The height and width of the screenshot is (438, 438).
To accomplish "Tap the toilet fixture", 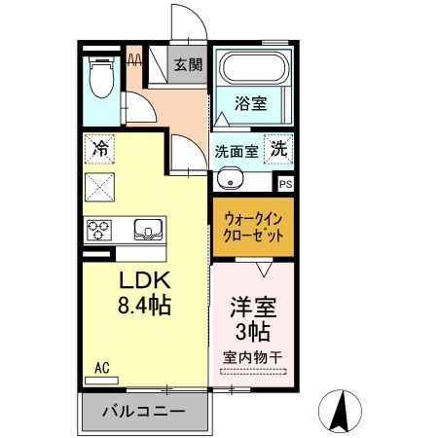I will [x=100, y=77].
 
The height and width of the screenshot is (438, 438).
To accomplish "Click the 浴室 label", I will [x=251, y=102].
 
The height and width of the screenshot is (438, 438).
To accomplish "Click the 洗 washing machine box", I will [x=279, y=150].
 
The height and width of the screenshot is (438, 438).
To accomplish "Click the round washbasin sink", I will [x=229, y=178].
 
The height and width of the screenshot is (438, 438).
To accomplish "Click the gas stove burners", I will [x=99, y=230].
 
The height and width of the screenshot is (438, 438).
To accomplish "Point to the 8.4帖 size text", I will [x=144, y=306].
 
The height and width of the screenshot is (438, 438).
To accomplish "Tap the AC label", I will [x=102, y=367].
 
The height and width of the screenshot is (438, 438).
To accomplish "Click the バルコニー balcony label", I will [x=143, y=413].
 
